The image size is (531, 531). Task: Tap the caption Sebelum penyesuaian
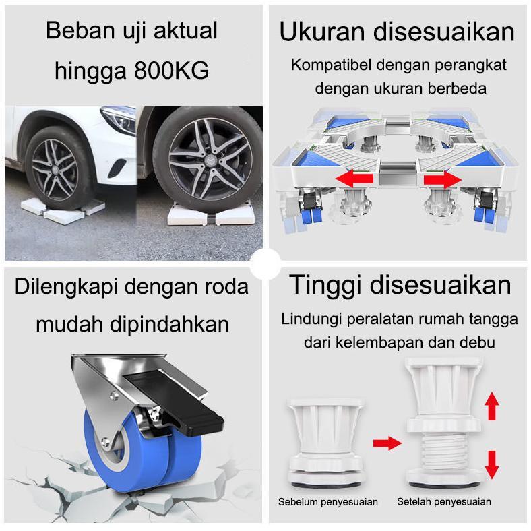pos(328,501)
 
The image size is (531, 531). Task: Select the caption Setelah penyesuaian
pos(443,501)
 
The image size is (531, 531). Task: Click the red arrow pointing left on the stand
pos(356,179)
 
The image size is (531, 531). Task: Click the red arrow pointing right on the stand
pos(441,179)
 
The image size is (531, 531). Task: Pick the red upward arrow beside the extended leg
pos(492,407)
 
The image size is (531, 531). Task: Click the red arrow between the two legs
pos(387,443)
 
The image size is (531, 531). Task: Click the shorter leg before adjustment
pos(325,438)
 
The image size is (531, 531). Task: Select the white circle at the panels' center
pos(265,265)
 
